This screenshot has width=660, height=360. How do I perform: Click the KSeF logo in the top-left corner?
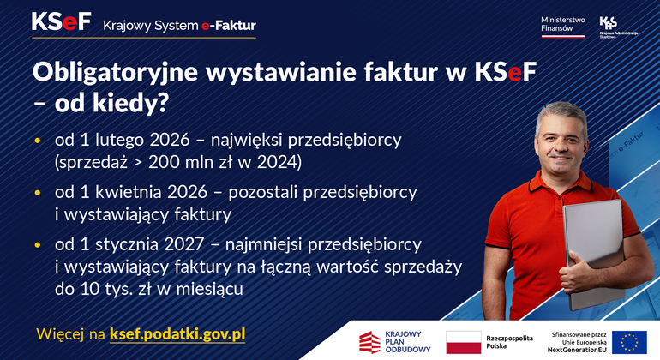click(61, 22)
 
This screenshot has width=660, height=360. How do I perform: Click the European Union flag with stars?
click(629, 340)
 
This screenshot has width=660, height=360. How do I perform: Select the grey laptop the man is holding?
click(593, 249)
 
